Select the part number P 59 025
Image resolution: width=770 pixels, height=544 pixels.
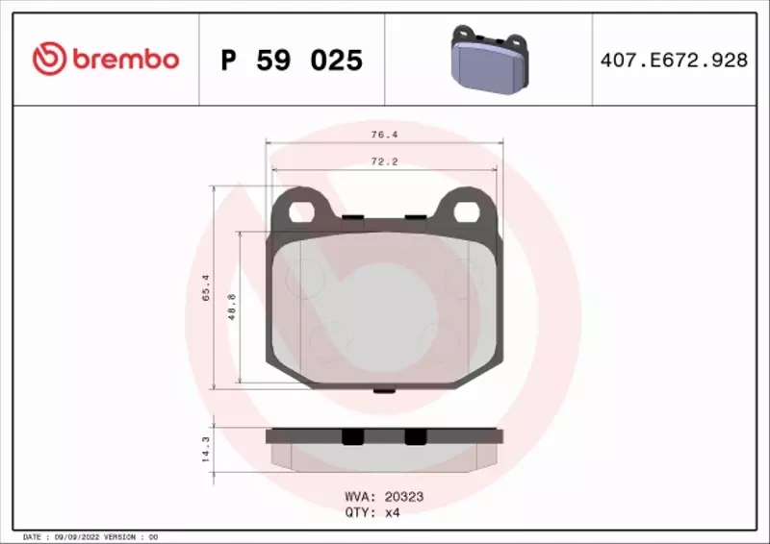pos(292,61)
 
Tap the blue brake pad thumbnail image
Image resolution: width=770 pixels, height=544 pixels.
pos(489,60)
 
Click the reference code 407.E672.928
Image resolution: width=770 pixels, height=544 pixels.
pos(674,61)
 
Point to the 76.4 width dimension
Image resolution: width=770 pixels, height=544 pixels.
pos(384,136)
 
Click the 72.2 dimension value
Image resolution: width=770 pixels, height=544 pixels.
pos(384,161)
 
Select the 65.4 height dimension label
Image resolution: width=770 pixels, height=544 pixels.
pos(205,286)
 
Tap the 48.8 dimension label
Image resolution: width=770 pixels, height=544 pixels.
pos(231,306)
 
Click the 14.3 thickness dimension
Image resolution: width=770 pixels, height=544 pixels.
pos(205,449)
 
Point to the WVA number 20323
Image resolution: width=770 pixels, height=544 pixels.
pos(403,497)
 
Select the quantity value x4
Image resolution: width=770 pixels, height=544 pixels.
pos(391,512)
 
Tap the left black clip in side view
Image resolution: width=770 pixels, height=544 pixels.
pos(352,435)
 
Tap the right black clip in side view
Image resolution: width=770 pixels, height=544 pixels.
pos(415,435)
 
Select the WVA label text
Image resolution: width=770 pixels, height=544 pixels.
pos(358,497)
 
